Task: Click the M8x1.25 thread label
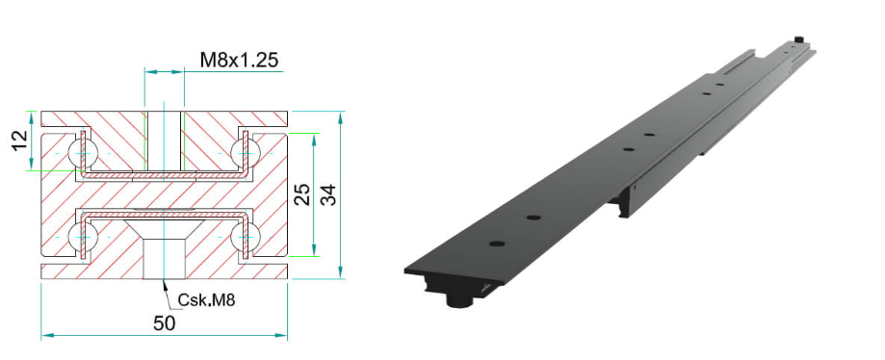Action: coord(239,60)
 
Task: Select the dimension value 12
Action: coord(18,141)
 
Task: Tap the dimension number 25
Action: coord(303,194)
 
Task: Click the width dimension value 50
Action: coord(165,323)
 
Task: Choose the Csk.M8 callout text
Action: coord(206,300)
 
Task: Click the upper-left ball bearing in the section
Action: coord(83,152)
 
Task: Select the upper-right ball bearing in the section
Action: coord(245,152)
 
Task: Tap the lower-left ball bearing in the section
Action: coord(83,237)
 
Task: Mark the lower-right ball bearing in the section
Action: coord(245,237)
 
